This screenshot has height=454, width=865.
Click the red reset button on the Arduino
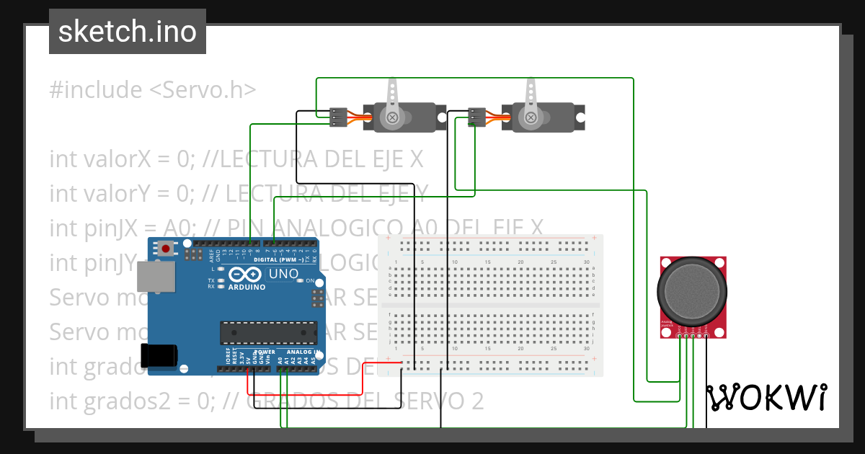pyautogui.click(x=167, y=249)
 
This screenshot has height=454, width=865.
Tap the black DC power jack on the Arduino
pyautogui.click(x=159, y=356)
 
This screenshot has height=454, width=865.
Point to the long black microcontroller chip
pyautogui.click(x=268, y=331)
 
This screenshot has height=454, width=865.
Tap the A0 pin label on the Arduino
pyautogui.click(x=280, y=358)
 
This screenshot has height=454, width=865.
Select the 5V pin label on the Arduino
pyautogui.click(x=247, y=358)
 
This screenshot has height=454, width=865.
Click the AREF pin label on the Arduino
pyautogui.click(x=212, y=254)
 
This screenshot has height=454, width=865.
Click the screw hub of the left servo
pyautogui.click(x=392, y=117)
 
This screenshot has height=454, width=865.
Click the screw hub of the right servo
pyautogui.click(x=531, y=117)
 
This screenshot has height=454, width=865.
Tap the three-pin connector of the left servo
pyautogui.click(x=337, y=117)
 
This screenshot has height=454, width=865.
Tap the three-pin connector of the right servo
pyautogui.click(x=476, y=117)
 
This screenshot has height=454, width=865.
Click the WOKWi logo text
pyautogui.click(x=766, y=397)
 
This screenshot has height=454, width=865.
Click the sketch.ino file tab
pyautogui.click(x=128, y=32)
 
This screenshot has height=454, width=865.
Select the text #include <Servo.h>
pyautogui.click(x=153, y=90)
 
